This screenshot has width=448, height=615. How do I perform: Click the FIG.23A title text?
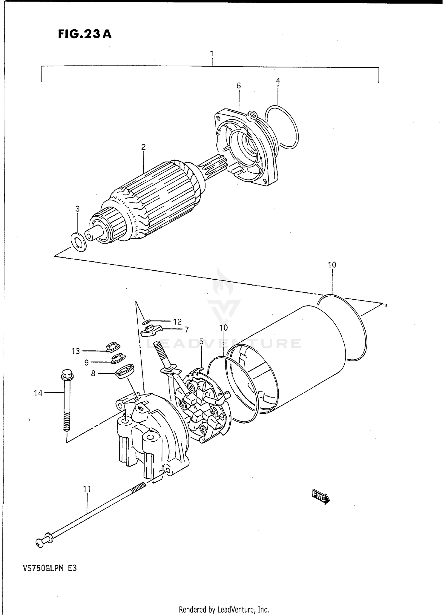85,34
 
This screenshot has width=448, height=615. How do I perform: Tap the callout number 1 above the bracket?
211,54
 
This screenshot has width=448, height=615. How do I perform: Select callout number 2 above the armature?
143,147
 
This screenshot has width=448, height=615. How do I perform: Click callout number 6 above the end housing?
238,86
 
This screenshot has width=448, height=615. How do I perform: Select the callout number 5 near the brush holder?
201,341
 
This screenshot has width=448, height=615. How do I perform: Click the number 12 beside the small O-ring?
177,322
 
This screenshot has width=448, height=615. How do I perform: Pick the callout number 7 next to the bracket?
186,330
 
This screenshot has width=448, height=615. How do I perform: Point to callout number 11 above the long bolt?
87,489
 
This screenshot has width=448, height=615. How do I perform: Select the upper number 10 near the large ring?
332,265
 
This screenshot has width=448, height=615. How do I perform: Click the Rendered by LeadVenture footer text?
224,609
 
